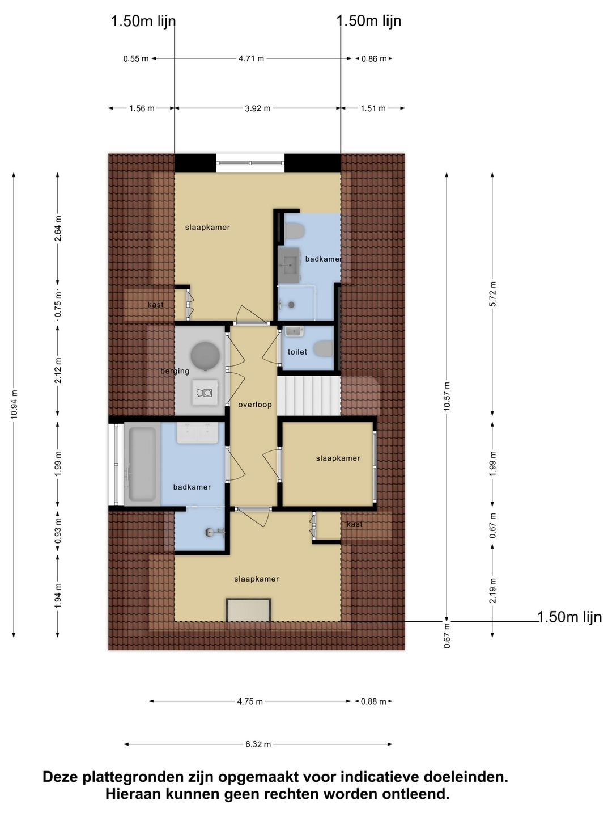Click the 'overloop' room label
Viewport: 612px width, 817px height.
tap(255, 405)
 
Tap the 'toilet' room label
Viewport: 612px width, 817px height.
tap(297, 352)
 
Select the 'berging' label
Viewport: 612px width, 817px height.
tap(175, 371)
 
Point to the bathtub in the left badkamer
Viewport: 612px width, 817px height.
tap(142, 464)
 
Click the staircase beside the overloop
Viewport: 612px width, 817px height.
tap(309, 395)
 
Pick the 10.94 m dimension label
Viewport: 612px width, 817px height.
tap(14, 404)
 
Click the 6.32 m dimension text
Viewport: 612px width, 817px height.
tap(258, 744)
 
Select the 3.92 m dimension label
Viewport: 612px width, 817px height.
tap(257, 108)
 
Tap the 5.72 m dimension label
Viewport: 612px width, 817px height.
tap(493, 294)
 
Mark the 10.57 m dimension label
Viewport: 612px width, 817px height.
tap(447, 397)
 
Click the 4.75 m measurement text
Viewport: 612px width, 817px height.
tap(250, 702)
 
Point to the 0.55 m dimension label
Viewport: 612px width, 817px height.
tap(136, 58)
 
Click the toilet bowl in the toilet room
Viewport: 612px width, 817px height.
tap(323, 349)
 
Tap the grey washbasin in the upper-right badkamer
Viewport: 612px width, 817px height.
tap(289, 264)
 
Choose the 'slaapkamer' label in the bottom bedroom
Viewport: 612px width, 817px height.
tap(256, 579)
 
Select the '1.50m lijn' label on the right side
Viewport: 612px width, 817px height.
tap(569, 617)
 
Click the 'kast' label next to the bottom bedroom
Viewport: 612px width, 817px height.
tap(355, 524)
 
